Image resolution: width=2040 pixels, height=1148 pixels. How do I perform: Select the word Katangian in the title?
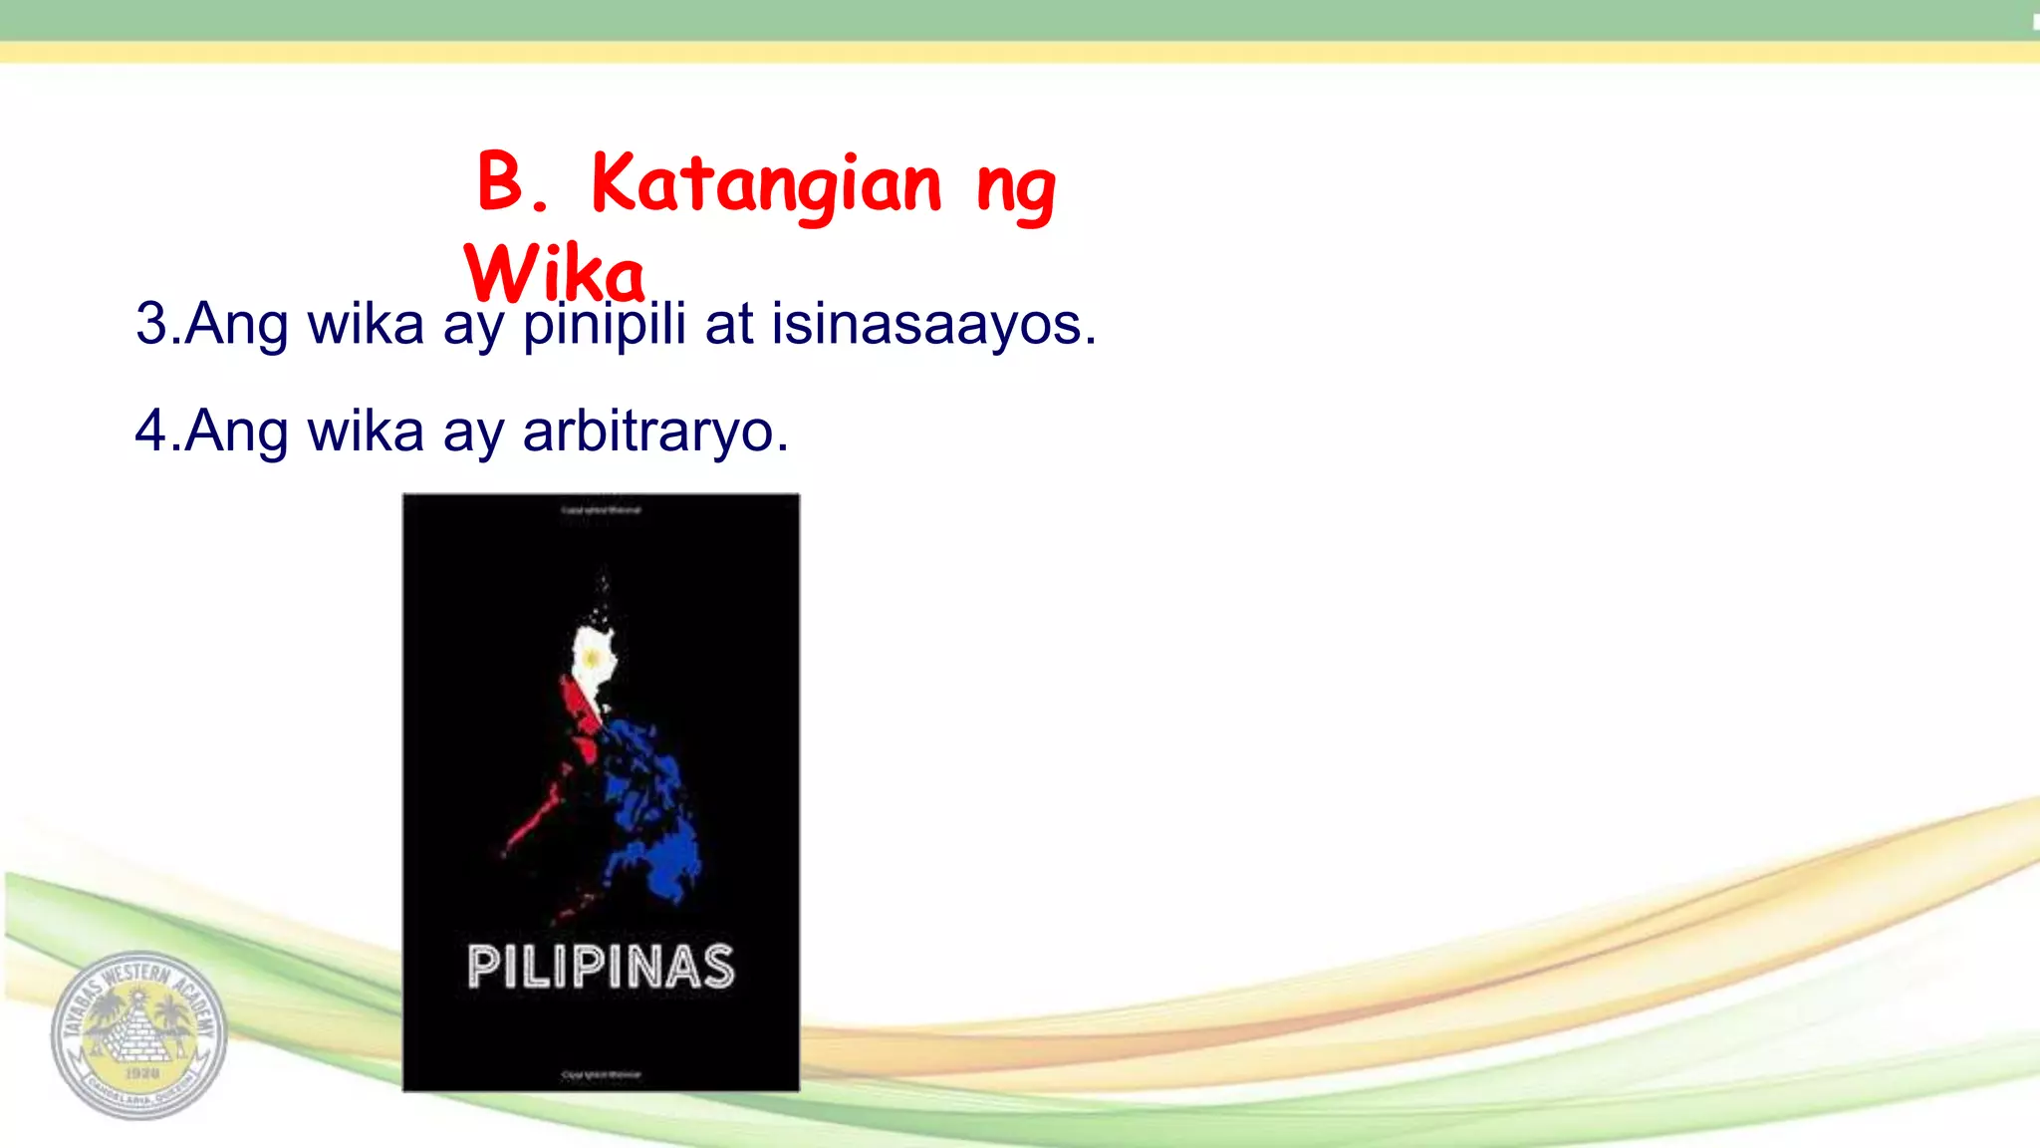(765, 185)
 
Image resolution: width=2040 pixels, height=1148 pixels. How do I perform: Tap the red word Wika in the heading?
(555, 273)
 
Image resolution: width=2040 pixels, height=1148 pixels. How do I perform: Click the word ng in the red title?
(1016, 189)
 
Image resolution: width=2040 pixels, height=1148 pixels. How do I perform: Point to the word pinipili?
(605, 324)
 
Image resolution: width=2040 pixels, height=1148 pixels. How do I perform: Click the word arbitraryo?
(654, 431)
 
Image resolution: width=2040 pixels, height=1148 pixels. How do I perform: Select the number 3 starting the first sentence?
(151, 324)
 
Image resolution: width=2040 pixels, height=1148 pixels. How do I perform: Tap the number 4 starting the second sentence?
(151, 431)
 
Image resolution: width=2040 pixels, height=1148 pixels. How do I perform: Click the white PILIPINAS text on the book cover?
(601, 967)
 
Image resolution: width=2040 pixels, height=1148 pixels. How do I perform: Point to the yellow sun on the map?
(593, 659)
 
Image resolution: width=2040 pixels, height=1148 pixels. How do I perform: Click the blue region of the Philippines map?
(652, 807)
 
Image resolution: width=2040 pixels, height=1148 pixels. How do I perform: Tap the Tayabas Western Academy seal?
(138, 1035)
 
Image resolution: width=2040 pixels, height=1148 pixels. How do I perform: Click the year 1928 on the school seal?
(141, 1072)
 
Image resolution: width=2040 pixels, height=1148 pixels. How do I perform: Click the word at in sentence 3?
(729, 324)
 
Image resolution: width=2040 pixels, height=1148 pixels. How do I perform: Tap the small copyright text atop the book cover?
(601, 510)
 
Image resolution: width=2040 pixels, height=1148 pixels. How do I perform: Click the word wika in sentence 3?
(366, 324)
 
